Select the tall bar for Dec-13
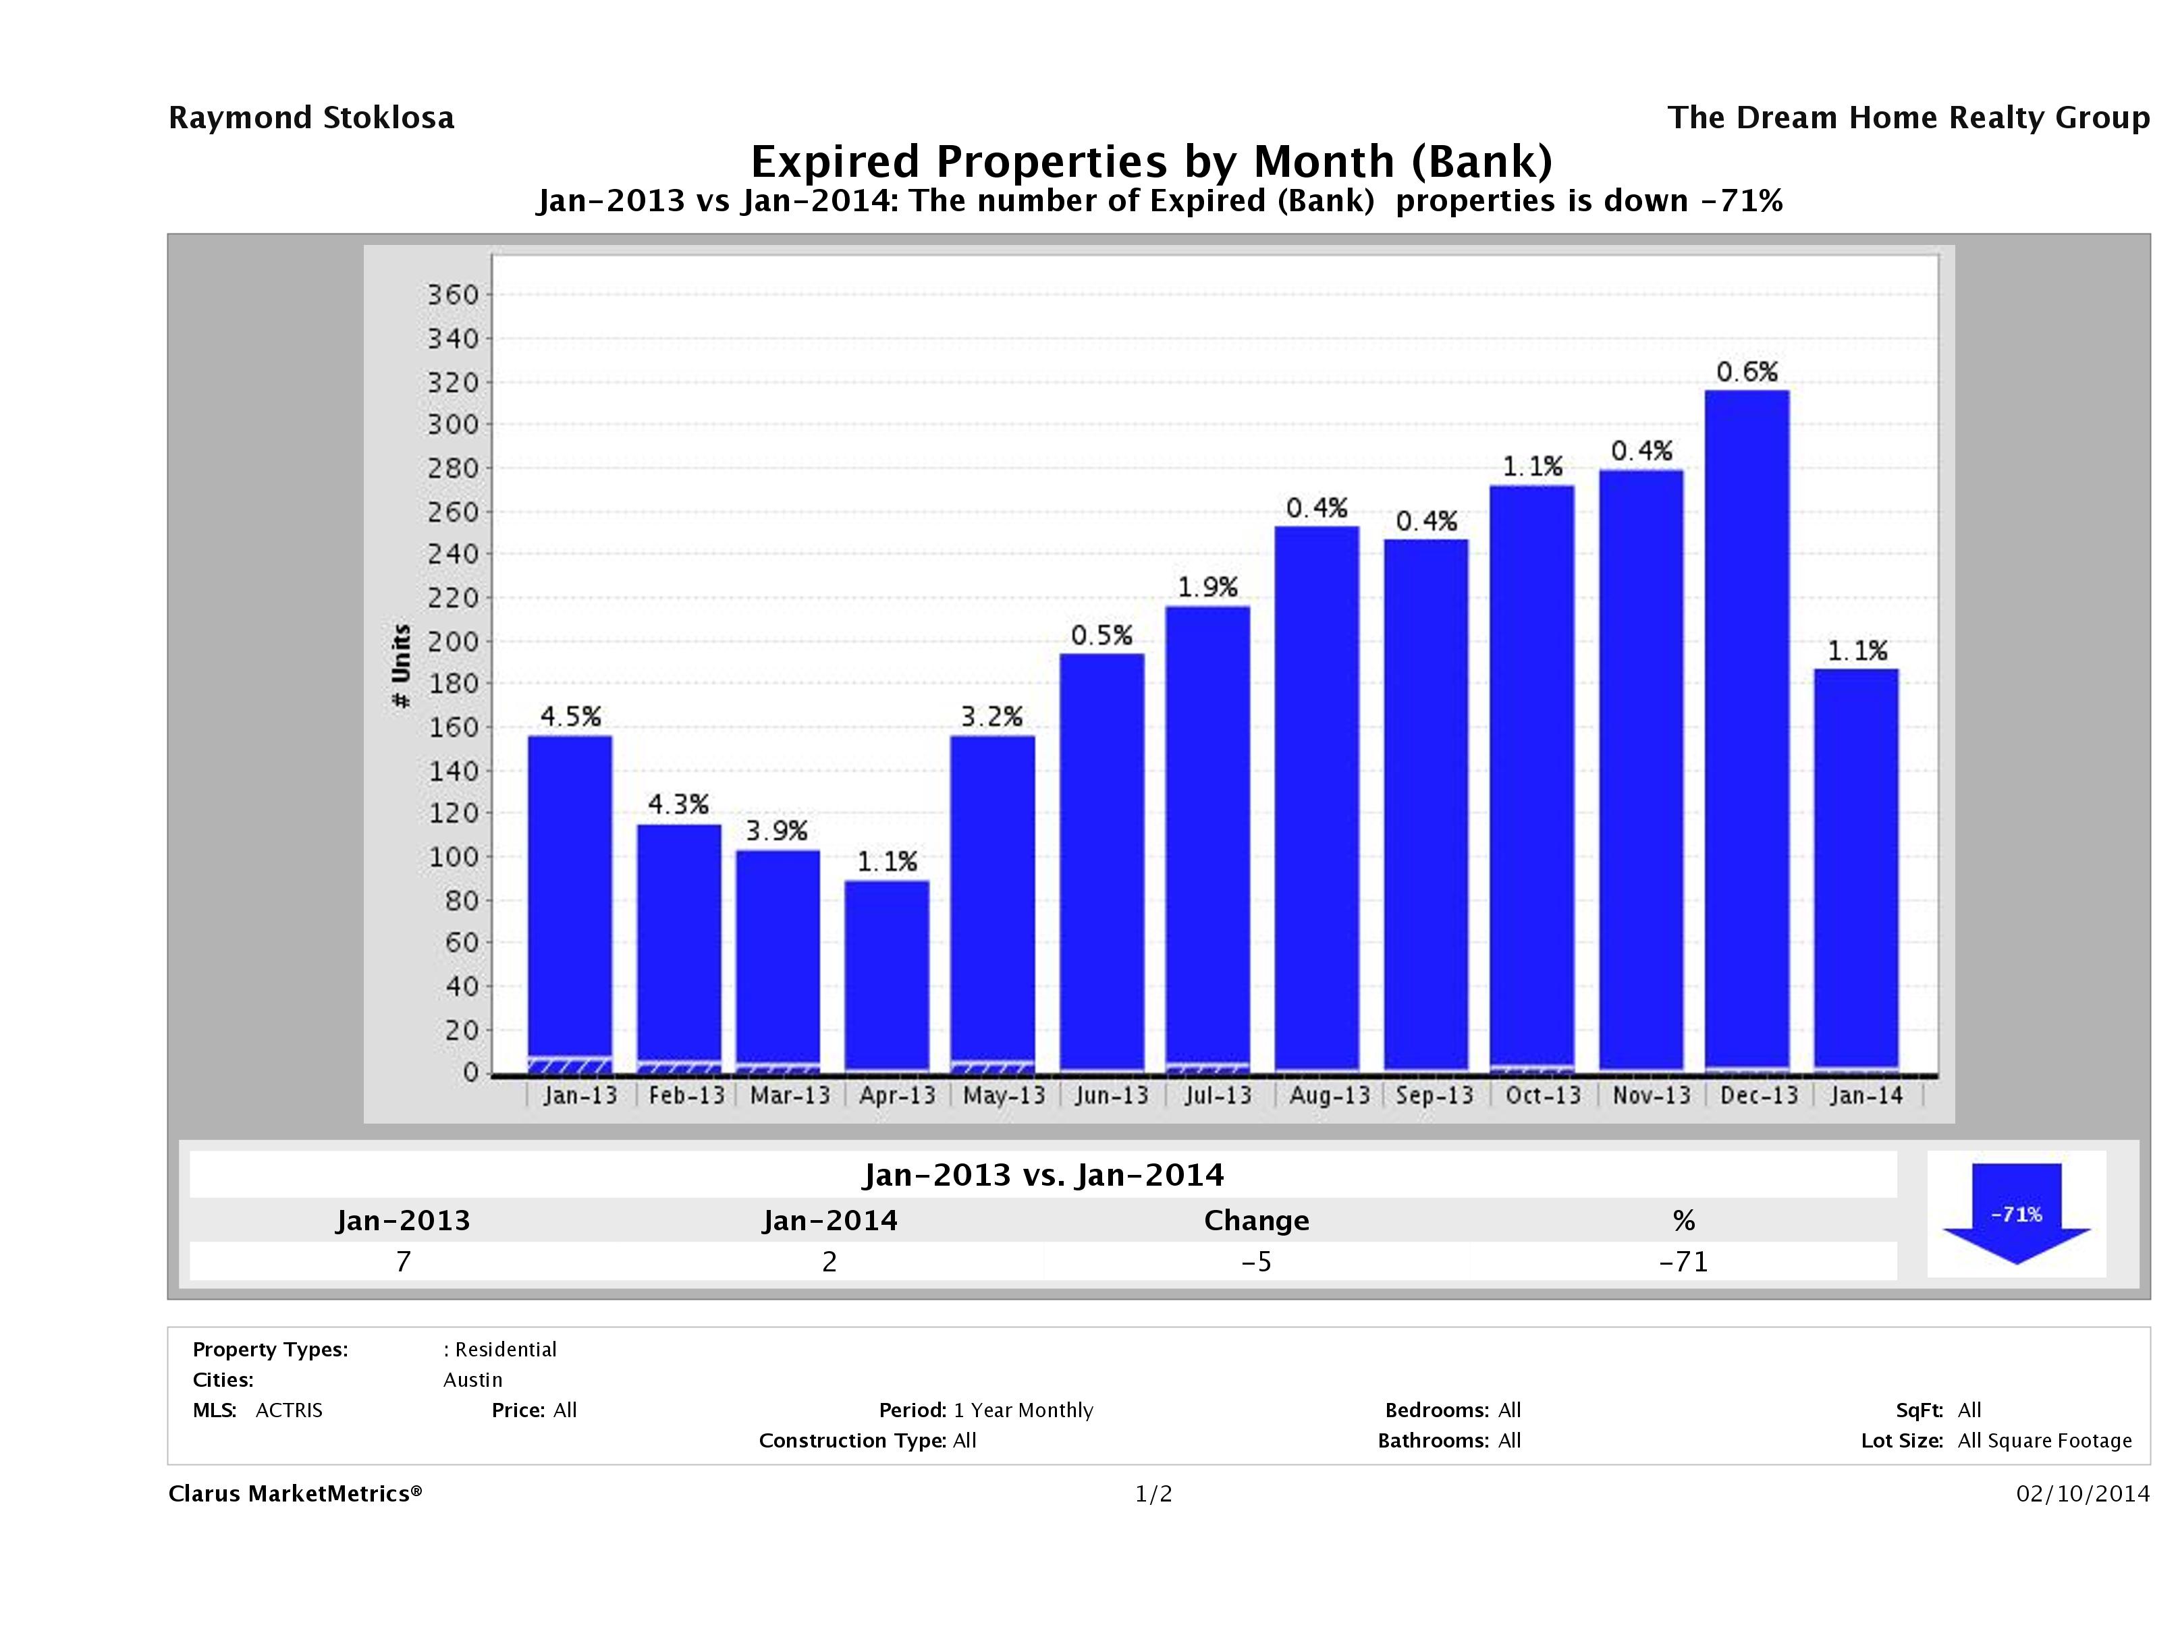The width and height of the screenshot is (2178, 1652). click(x=1747, y=729)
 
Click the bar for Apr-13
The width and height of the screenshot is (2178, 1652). click(x=886, y=974)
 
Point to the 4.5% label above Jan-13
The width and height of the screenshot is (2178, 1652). click(x=570, y=717)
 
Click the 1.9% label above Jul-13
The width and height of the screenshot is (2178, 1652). click(x=1207, y=588)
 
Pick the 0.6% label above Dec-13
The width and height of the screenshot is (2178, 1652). click(x=1747, y=372)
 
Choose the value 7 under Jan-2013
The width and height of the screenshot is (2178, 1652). click(x=403, y=1261)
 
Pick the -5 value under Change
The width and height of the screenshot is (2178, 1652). click(x=1257, y=1261)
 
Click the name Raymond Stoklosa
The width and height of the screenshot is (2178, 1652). click(x=311, y=118)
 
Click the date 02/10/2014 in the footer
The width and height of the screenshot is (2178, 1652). click(x=2082, y=1493)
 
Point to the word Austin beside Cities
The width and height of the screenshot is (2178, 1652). click(x=472, y=1379)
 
